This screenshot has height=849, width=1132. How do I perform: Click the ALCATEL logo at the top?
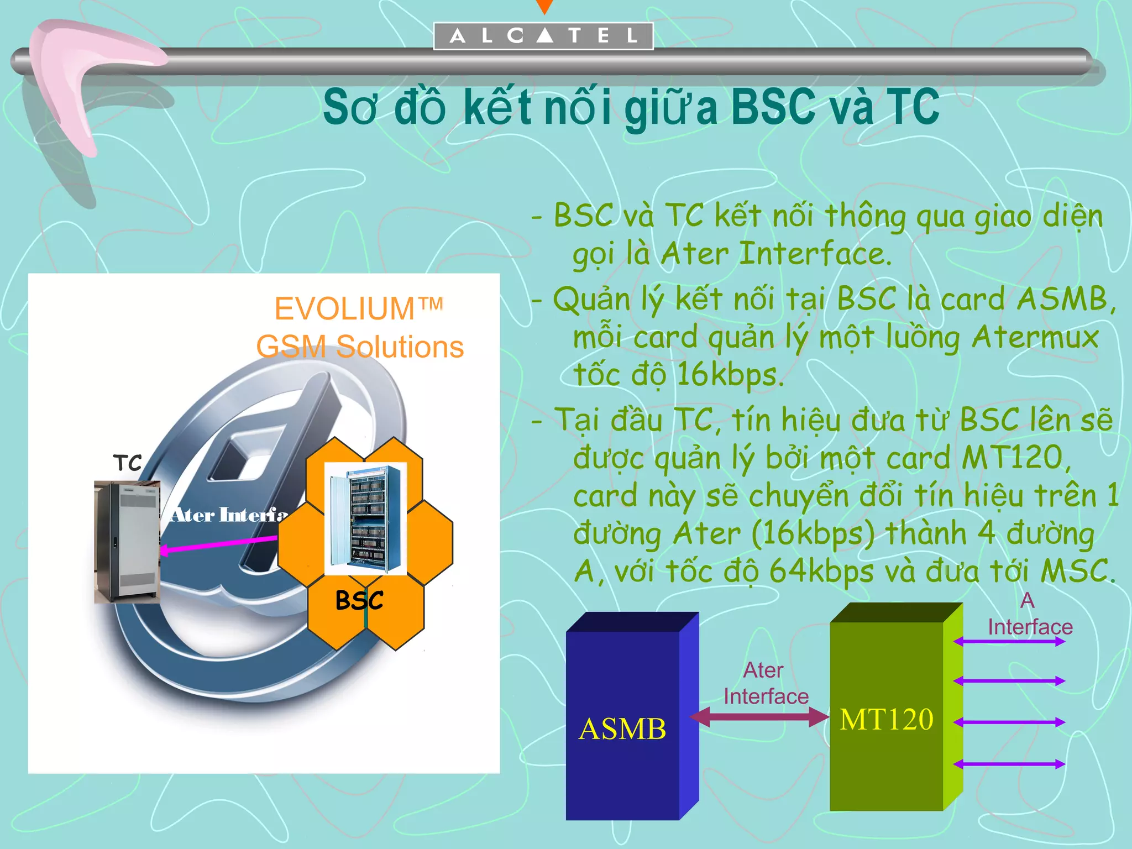pyautogui.click(x=543, y=36)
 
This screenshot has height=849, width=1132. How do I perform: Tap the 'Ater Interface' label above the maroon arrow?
pyautogui.click(x=766, y=683)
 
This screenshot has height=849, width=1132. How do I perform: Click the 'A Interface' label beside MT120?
pyautogui.click(x=1030, y=615)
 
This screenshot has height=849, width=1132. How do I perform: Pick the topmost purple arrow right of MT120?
pyautogui.click(x=1009, y=642)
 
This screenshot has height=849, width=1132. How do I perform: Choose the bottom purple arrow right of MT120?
pyautogui.click(x=1009, y=764)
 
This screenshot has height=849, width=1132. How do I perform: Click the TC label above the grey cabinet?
pyautogui.click(x=128, y=463)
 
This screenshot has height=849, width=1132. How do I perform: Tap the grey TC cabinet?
pyautogui.click(x=128, y=542)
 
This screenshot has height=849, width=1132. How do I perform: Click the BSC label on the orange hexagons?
pyautogui.click(x=359, y=600)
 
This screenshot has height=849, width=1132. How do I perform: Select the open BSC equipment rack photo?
pyautogui.click(x=365, y=518)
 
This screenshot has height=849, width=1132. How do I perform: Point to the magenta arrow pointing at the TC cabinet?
pyautogui.click(x=218, y=543)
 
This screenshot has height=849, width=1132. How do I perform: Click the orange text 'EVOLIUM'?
pyautogui.click(x=345, y=308)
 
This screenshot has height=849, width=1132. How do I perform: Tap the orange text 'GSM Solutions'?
pyautogui.click(x=360, y=347)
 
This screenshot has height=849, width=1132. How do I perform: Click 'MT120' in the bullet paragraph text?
pyautogui.click(x=1012, y=458)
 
